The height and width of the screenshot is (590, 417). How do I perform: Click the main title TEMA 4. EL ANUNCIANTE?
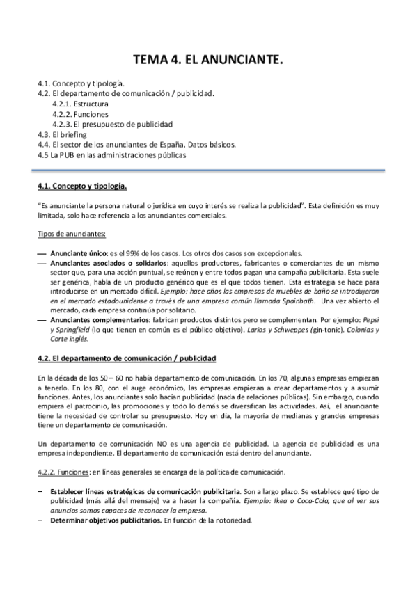[208, 61]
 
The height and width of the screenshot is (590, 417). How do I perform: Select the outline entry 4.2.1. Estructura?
[80, 104]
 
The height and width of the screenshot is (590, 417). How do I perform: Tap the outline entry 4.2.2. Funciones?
[80, 114]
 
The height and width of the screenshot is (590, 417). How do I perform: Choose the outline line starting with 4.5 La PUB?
[112, 154]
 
